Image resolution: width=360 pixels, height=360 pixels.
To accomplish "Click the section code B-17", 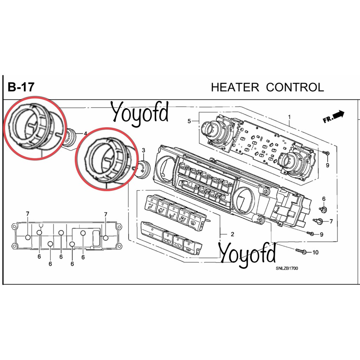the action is pos(21,87).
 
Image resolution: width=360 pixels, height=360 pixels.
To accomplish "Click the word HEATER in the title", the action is pos(235,87).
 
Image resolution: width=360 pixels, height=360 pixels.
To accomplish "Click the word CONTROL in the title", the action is pos(295,87).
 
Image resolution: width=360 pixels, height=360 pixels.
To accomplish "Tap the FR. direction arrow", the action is pos(334,117).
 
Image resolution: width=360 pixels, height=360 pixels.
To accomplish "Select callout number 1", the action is pos(289,117).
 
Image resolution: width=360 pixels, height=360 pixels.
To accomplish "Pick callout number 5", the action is pos(189,121).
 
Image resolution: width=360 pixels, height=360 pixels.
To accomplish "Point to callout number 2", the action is pos(232,234).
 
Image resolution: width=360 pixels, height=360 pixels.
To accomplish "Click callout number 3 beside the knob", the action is pos(143,150).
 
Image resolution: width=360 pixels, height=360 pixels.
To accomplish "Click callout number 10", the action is pos(315,252).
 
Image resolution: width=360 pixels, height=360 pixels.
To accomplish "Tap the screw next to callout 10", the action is pos(301,251).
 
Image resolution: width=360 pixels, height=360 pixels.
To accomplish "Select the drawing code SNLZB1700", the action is pos(287,268).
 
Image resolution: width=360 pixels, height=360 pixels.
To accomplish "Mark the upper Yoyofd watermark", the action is pos(140,113).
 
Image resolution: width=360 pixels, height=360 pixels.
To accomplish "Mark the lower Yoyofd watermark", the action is pos(247,255).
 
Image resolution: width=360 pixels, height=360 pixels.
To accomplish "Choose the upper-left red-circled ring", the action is pos(35,128).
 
